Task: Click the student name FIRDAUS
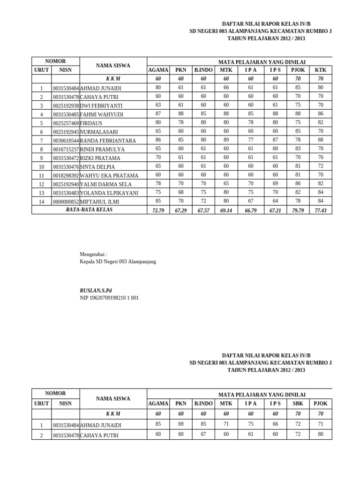click(91, 123)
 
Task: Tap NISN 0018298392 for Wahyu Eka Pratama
click(66, 176)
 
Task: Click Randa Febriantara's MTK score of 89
click(226, 140)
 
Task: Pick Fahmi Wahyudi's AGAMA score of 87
click(158, 114)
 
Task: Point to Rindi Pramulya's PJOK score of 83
click(298, 149)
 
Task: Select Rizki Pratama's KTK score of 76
click(321, 157)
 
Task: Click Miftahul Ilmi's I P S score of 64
click(275, 201)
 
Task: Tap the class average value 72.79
click(158, 210)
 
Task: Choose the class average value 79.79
click(298, 210)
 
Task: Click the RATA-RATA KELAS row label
click(89, 210)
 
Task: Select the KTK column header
click(321, 70)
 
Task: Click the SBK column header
click(298, 404)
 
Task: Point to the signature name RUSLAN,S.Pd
click(96, 291)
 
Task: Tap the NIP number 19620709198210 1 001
click(109, 298)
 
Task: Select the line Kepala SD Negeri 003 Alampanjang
click(118, 262)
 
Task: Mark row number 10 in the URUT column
click(41, 167)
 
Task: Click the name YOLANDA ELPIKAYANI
click(109, 193)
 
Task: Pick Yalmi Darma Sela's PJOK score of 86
click(298, 184)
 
